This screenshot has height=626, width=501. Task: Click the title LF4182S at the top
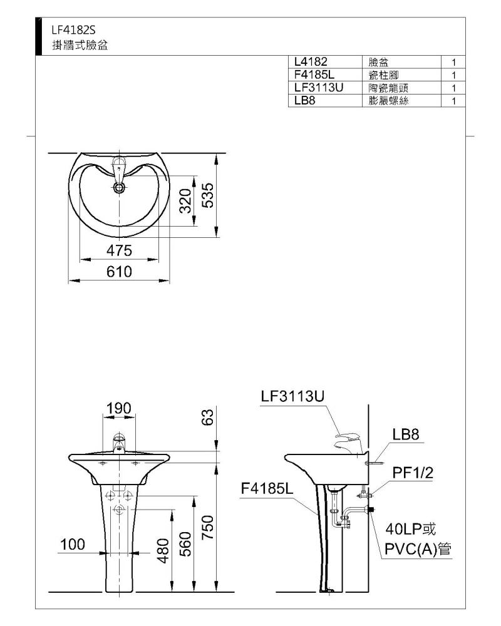click(73, 30)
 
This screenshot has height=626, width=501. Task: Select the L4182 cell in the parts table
click(311, 61)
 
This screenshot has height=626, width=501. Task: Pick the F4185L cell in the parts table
click(314, 74)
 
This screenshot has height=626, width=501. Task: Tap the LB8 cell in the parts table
click(304, 101)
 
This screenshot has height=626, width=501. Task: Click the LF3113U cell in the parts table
click(318, 88)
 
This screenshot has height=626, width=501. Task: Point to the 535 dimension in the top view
click(208, 195)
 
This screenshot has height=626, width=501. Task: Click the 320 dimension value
click(185, 201)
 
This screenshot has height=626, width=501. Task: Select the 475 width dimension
click(119, 250)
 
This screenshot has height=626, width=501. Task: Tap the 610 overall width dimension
click(119, 272)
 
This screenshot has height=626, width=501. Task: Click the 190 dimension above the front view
click(118, 408)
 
